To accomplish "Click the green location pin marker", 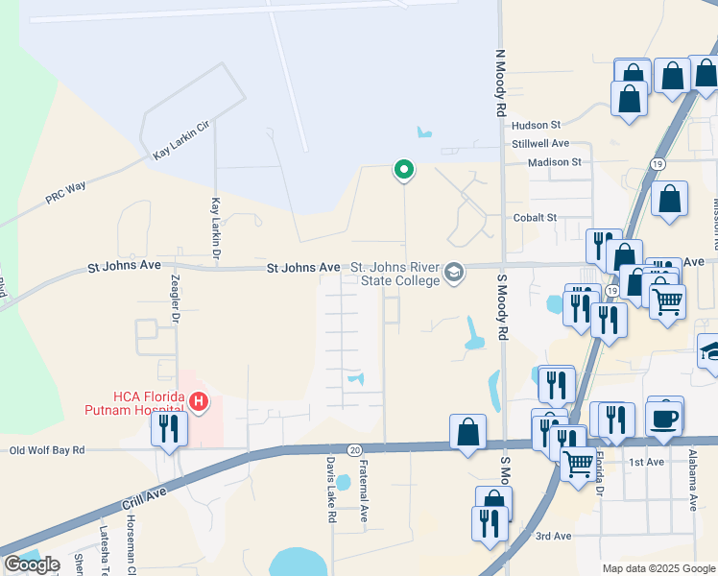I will (x=404, y=171).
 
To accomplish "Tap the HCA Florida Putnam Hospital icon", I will (x=199, y=400).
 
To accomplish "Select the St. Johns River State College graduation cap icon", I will (x=454, y=274).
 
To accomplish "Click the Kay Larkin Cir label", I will (x=180, y=140).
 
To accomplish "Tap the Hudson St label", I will (x=536, y=126).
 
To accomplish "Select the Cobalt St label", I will (x=535, y=218).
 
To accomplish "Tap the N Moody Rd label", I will (x=500, y=84).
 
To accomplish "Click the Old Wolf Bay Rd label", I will (x=47, y=449).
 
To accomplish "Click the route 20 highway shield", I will (x=354, y=449).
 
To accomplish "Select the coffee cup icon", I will (x=664, y=419).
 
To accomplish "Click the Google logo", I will (x=32, y=564).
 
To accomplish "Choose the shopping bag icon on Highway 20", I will (x=467, y=432).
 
